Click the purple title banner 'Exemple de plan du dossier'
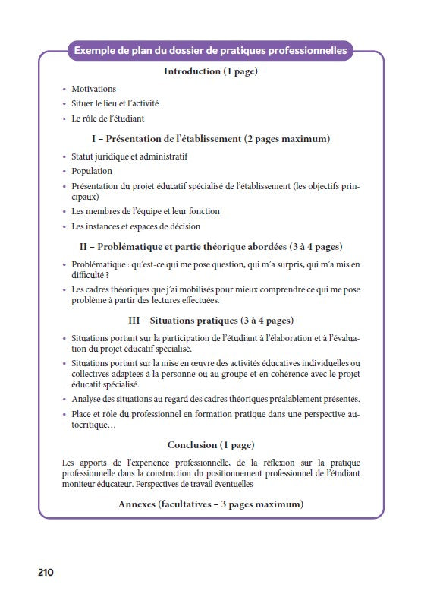[x=210, y=51]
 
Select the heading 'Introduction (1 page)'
[x=211, y=72]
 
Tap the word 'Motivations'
[x=93, y=89]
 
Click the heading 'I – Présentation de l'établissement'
[x=211, y=139]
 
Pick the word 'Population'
[x=92, y=171]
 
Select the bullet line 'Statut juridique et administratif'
[x=129, y=156]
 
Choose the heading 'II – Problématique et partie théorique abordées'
[x=211, y=247]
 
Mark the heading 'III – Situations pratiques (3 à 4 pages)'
[x=211, y=320]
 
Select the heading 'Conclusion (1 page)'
[x=211, y=444]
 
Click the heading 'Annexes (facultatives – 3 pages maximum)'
[x=211, y=504]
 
